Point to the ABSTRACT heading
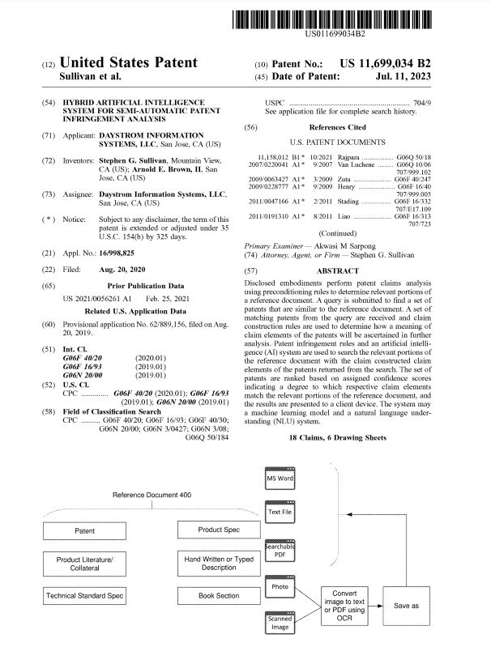(338, 270)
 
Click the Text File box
(280, 513)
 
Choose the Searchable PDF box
(280, 550)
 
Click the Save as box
(406, 605)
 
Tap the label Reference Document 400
(153, 494)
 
